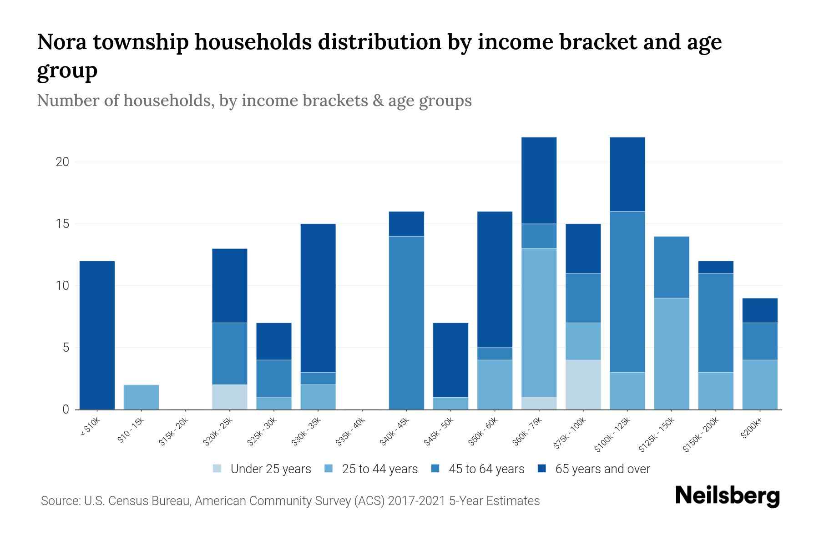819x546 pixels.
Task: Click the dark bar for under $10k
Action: coord(97,335)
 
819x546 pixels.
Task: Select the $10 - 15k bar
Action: coord(141,397)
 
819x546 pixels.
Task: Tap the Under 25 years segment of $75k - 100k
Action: coord(583,385)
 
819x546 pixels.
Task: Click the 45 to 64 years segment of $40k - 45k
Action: coord(406,323)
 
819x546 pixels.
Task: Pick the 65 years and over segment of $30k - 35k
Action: coord(318,298)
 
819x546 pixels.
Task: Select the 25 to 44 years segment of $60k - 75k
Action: coord(539,323)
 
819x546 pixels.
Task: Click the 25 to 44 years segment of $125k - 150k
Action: coord(671,354)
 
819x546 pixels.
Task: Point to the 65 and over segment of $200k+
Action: coord(759,310)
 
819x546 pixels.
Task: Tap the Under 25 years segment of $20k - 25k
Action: coord(230,397)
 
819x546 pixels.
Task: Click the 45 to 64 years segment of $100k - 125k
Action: coord(627,292)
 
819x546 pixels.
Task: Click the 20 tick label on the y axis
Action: coord(62,162)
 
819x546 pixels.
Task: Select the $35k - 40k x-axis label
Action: coord(351,434)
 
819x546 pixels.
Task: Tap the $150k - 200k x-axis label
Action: coord(701,436)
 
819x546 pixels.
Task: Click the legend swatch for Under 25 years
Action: coord(217,469)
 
